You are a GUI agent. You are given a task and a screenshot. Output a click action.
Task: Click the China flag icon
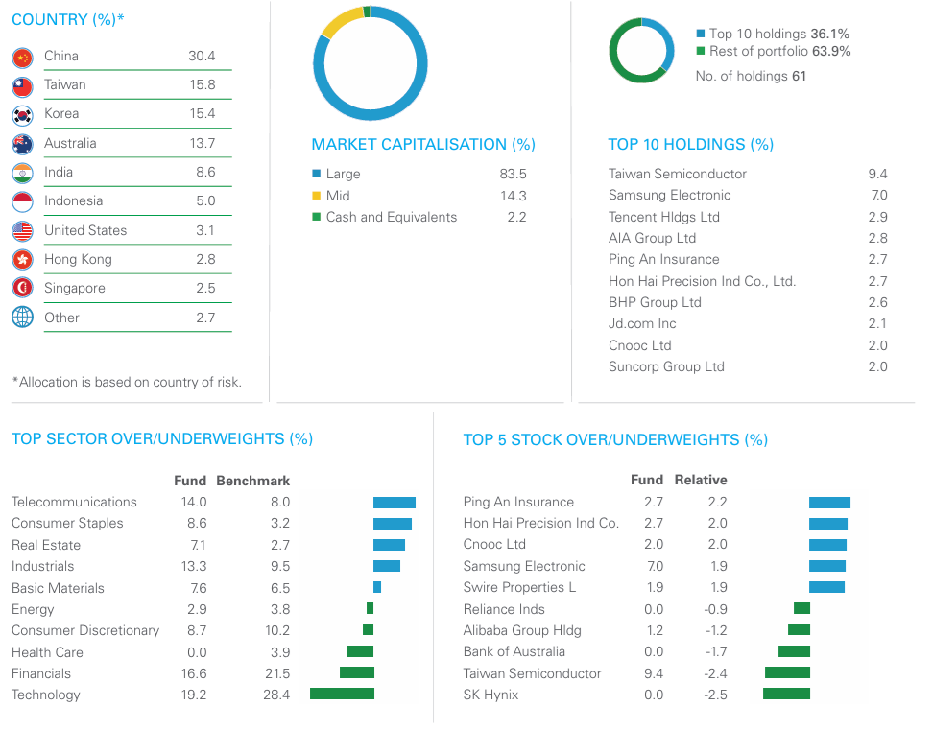(23, 58)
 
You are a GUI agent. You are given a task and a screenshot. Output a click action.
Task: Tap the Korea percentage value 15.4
(203, 113)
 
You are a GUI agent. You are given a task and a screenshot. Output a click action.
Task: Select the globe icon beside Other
(23, 317)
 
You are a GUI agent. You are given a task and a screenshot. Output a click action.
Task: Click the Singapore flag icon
(23, 288)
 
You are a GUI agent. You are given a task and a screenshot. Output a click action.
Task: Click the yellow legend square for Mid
(317, 196)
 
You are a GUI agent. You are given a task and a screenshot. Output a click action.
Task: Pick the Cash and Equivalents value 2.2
(516, 217)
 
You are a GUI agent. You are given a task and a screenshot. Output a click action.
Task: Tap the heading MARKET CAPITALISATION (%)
(423, 145)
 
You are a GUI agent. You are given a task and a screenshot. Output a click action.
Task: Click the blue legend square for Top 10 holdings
(701, 34)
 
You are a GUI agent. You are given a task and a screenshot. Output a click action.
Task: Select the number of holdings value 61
(799, 76)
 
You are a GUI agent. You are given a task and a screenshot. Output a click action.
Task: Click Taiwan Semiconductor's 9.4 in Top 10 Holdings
(877, 174)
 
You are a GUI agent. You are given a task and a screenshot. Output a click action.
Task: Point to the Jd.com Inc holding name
(642, 323)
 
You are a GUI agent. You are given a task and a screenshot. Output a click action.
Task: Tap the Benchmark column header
(252, 481)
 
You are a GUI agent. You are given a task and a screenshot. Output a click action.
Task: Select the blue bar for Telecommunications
(395, 503)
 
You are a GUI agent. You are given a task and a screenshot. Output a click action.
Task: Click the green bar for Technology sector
(342, 694)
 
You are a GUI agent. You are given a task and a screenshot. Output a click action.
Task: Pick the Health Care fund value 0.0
(197, 652)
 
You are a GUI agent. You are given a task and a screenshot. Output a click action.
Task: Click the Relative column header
(701, 480)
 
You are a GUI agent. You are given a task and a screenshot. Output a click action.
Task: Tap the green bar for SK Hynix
(787, 694)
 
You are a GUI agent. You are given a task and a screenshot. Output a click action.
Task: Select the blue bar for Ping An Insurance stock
(829, 503)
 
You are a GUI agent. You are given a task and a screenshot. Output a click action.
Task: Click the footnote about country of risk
(127, 382)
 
